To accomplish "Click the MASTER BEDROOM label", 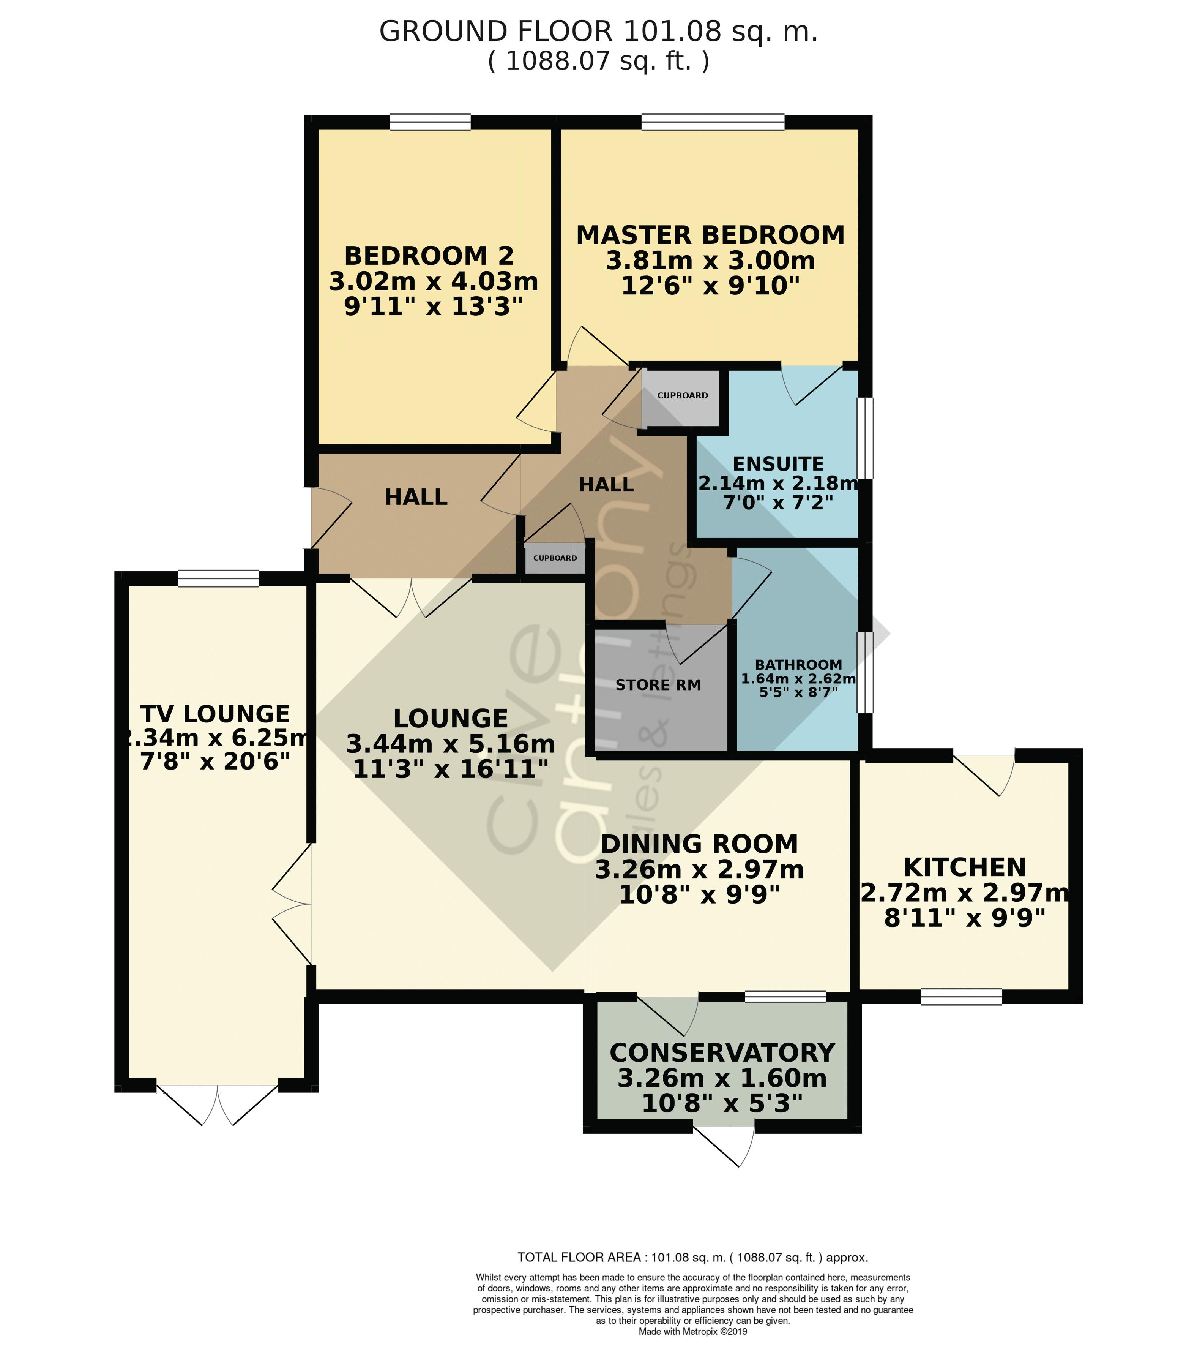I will (x=710, y=235).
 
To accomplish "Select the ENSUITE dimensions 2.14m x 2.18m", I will (x=777, y=483).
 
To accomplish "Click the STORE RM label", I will (x=658, y=685).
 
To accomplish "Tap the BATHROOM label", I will (x=798, y=664).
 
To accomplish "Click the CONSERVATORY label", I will (x=722, y=1052).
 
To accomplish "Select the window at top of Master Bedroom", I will (x=713, y=122).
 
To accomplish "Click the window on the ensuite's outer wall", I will (x=865, y=438).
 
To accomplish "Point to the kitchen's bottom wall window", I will (x=961, y=997).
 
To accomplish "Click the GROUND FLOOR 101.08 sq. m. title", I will (x=598, y=31).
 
